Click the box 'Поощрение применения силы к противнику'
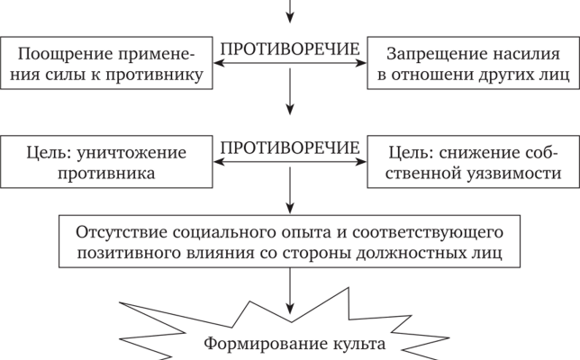click(108, 63)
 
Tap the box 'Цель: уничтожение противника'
click(108, 163)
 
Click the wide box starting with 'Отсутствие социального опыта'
click(289, 242)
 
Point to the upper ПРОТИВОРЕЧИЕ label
click(290, 48)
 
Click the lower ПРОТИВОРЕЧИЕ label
click(290, 147)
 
